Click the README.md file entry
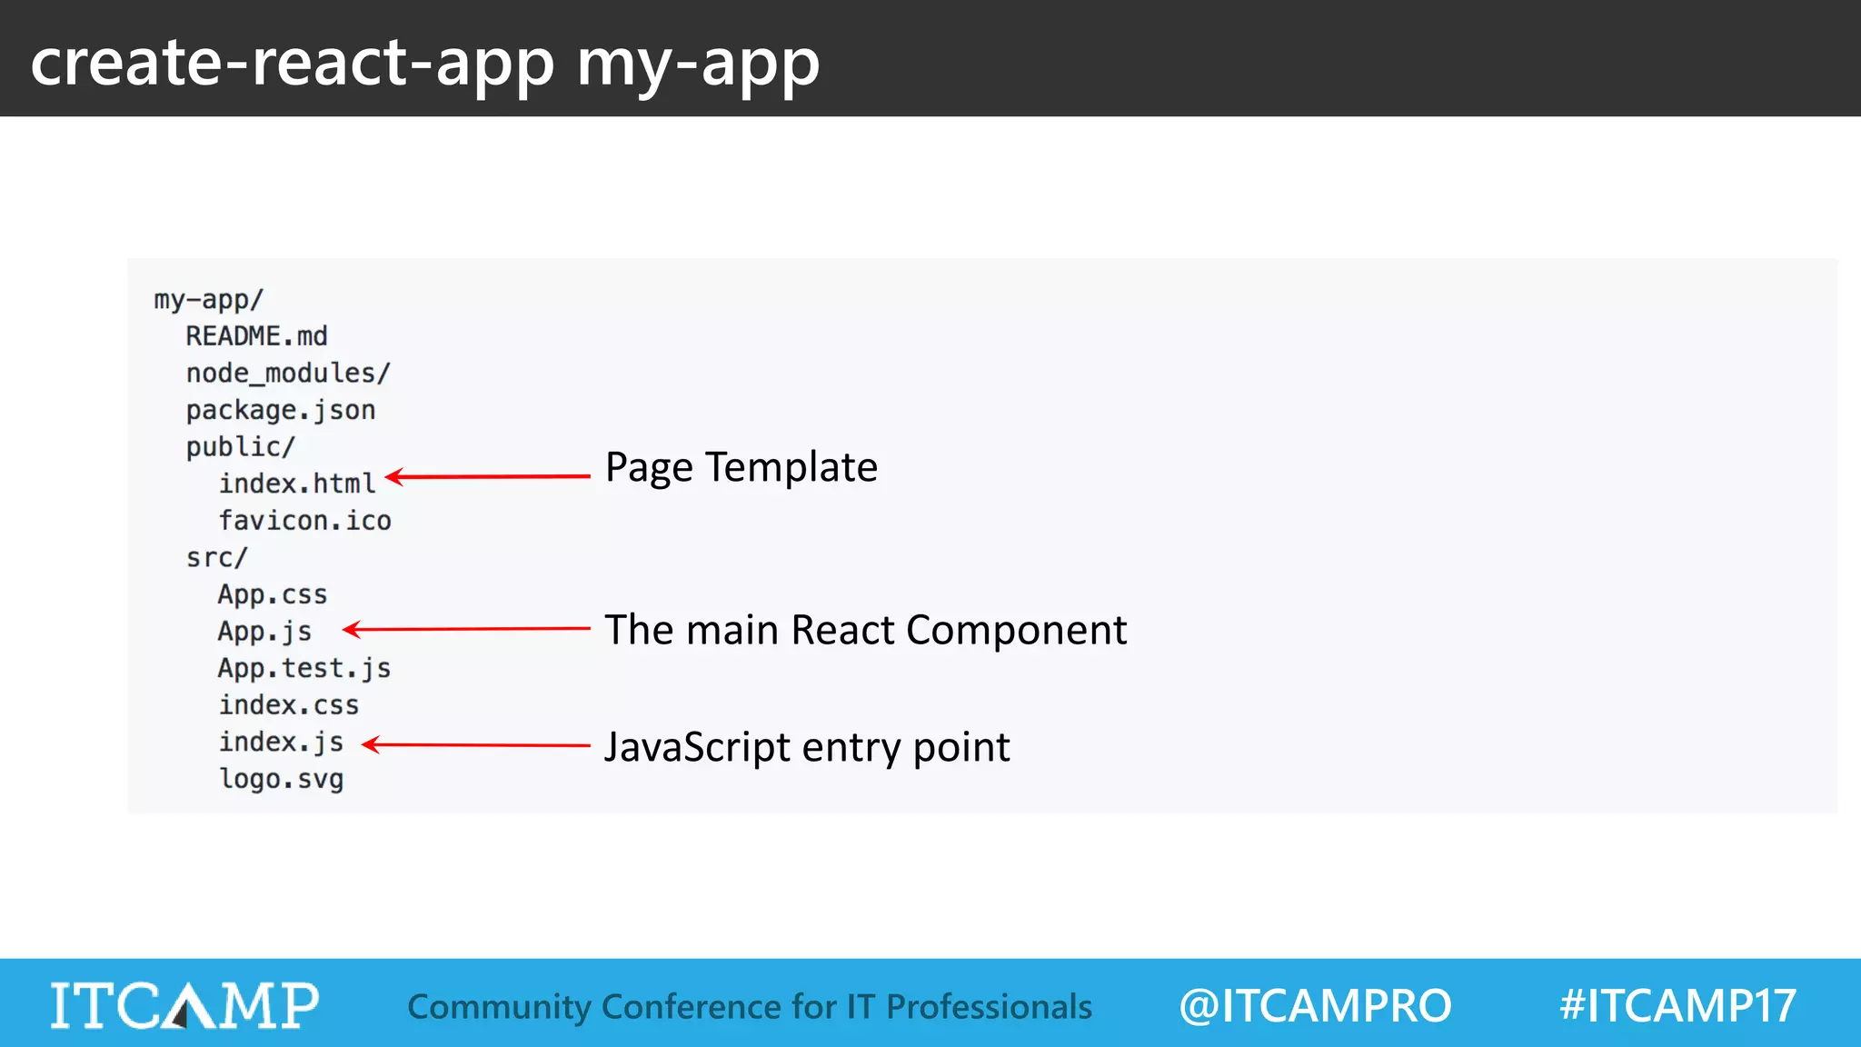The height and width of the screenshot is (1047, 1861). point(256,336)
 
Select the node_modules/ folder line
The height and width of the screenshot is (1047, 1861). point(288,374)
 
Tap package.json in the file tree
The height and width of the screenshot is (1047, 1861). point(280,411)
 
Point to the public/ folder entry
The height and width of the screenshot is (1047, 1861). point(240,447)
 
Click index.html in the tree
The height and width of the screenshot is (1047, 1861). point(296,484)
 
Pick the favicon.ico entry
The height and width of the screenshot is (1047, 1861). point(304,521)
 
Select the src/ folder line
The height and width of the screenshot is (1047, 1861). point(216,558)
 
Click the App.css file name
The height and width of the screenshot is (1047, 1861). point(272,595)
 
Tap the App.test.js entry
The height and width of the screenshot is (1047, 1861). point(304,669)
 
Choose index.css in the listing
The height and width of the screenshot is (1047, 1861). point(288,705)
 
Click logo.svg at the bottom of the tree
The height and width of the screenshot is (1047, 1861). point(281,780)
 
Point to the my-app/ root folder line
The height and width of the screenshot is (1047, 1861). point(208,300)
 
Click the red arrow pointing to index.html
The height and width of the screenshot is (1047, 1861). point(488,476)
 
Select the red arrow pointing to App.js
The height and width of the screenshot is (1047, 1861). point(466,629)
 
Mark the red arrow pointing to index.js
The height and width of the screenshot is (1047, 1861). point(476,745)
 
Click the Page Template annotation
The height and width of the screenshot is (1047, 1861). point(741,468)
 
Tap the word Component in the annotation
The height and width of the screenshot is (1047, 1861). point(1016,631)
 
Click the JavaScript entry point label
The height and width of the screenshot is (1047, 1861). point(807,748)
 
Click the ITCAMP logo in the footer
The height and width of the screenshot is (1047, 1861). point(184,1005)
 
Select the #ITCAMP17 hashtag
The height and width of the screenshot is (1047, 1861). point(1677,1006)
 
